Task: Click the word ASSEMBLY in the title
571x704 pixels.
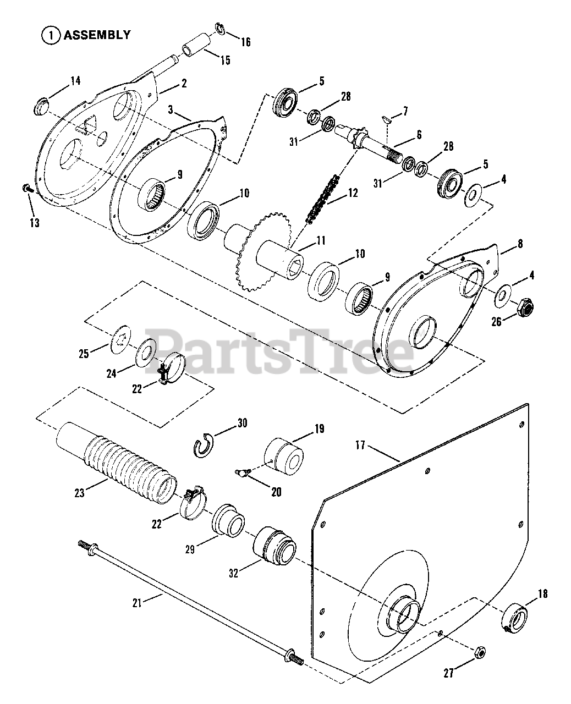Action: (x=97, y=35)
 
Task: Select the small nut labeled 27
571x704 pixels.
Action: (x=480, y=651)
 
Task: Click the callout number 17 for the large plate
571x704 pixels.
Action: (x=360, y=446)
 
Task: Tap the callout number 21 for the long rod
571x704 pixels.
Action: (x=137, y=603)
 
